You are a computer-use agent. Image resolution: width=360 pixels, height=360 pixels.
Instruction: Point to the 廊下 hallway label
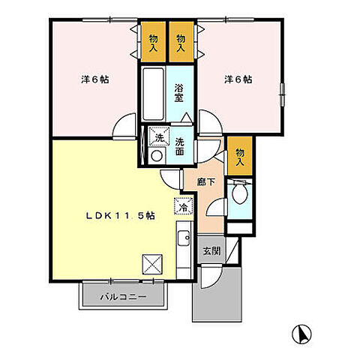click(x=207, y=181)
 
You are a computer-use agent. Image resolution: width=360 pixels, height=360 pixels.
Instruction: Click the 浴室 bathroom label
click(x=180, y=91)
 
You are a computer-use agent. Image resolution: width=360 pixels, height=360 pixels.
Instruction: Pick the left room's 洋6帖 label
click(x=94, y=79)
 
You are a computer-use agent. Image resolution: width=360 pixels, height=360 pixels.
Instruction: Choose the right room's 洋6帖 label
click(x=237, y=79)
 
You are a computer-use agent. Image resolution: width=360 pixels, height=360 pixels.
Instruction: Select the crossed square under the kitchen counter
click(x=153, y=262)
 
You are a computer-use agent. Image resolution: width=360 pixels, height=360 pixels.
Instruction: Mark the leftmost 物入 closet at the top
click(x=153, y=43)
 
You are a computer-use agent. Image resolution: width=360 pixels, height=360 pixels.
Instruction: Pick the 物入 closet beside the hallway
click(x=240, y=155)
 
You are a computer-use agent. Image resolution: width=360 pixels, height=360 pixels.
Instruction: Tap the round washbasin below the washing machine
click(x=157, y=155)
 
